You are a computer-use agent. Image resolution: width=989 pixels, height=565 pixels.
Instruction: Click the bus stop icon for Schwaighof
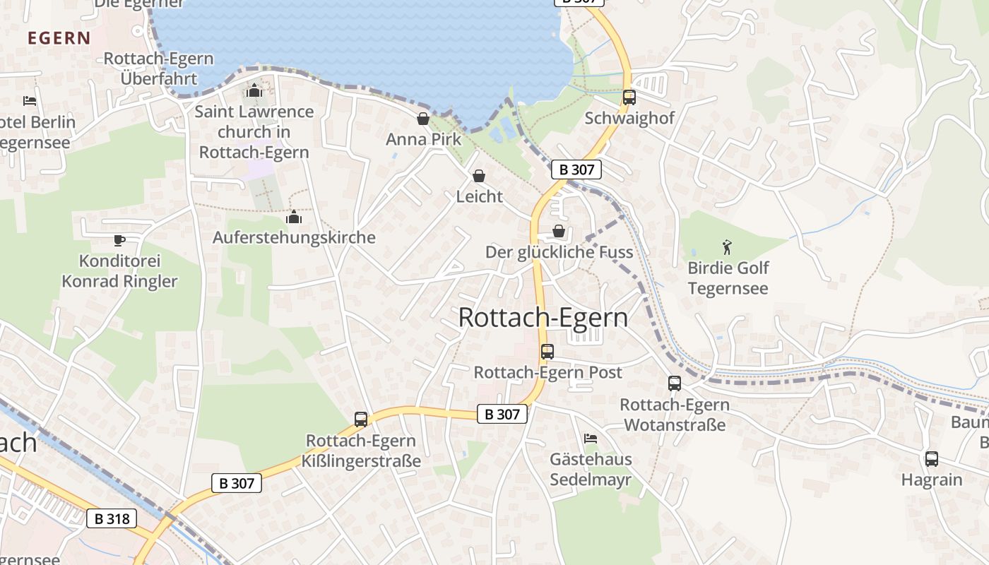629,97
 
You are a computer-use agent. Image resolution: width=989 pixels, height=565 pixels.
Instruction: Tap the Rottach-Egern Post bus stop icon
547,351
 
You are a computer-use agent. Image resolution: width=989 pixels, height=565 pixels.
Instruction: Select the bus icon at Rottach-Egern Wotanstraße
675,383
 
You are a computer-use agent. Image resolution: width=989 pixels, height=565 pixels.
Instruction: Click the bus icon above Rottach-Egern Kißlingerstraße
361,420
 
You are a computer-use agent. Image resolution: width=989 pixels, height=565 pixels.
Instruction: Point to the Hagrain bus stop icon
932,458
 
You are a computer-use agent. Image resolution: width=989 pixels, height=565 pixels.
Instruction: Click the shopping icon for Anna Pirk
423,119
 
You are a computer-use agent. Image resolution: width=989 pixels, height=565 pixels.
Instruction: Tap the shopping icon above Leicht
479,176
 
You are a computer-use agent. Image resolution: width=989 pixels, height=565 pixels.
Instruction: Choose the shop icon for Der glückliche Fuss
559,231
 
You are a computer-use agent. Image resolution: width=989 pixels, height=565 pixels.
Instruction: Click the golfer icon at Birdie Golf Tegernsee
728,247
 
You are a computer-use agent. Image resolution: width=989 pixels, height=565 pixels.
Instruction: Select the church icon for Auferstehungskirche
294,217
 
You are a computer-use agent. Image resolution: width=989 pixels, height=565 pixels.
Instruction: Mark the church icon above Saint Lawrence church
254,90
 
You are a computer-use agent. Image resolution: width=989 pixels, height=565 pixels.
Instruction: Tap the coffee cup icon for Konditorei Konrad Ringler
119,240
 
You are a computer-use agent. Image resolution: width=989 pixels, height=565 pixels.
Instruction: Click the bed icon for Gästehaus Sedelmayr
591,439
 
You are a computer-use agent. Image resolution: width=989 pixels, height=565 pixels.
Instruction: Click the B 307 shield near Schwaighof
576,169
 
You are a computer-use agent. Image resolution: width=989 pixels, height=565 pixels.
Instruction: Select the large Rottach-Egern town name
543,318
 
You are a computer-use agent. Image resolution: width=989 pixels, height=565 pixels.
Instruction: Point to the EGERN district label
59,38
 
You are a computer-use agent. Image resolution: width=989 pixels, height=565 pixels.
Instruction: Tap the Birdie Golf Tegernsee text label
728,278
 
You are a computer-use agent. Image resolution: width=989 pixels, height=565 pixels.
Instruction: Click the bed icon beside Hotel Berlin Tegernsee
30,101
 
